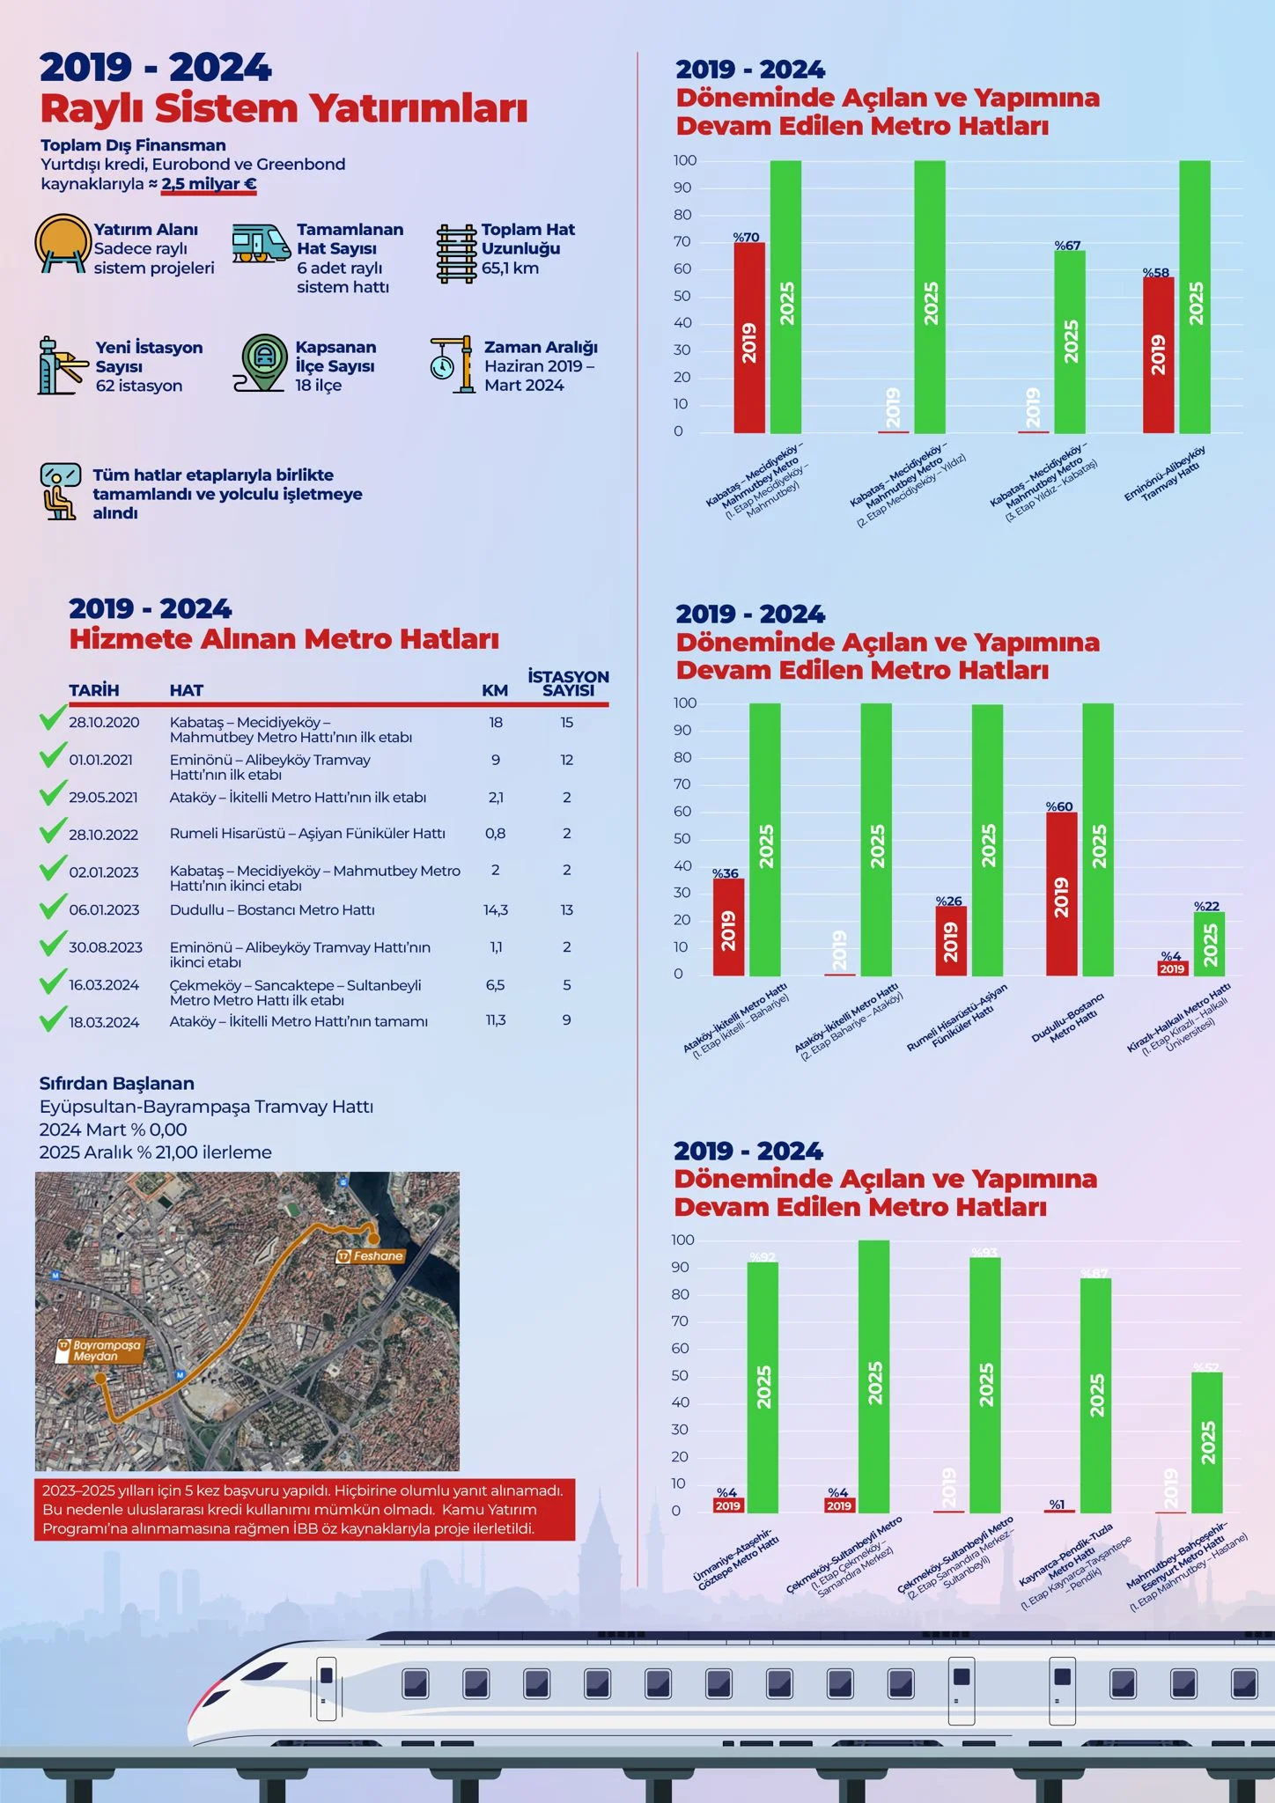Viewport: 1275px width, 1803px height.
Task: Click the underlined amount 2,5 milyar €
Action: (x=209, y=184)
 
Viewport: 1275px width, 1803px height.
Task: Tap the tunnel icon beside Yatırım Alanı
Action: (x=63, y=243)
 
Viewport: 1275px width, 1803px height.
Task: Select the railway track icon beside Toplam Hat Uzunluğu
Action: (x=456, y=254)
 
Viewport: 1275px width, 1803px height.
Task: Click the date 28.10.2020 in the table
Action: (x=104, y=723)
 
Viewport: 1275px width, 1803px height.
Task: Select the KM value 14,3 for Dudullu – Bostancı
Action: (x=496, y=910)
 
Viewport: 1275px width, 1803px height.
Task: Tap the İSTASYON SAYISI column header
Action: (x=568, y=683)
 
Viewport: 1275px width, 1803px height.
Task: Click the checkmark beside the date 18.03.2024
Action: (x=53, y=1019)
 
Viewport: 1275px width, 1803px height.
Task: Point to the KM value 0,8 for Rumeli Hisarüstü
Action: (x=496, y=834)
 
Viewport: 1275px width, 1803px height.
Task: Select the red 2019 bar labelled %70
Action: (x=749, y=338)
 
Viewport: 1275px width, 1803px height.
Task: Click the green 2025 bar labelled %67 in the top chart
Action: (x=1070, y=342)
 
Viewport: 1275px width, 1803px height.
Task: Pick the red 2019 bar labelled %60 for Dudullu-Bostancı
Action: (x=1061, y=894)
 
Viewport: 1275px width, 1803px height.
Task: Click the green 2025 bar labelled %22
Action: (x=1209, y=944)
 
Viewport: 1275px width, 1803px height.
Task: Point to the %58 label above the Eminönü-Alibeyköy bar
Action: (x=1156, y=273)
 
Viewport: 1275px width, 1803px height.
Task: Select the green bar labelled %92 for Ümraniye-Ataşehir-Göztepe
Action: (x=763, y=1387)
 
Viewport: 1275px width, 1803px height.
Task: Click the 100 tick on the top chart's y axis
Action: (x=685, y=160)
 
